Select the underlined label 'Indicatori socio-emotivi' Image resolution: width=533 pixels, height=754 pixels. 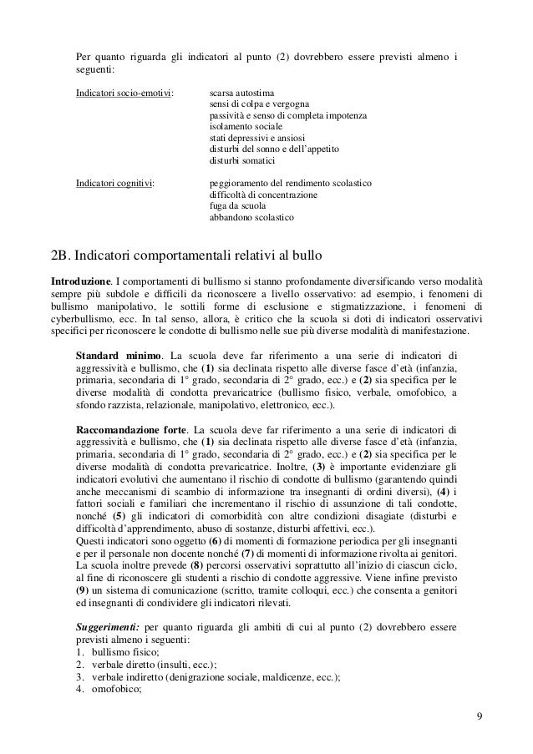click(x=125, y=92)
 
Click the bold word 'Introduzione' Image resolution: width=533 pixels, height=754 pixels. click(x=81, y=276)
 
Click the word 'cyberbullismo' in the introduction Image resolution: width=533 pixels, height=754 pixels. click(x=83, y=316)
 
